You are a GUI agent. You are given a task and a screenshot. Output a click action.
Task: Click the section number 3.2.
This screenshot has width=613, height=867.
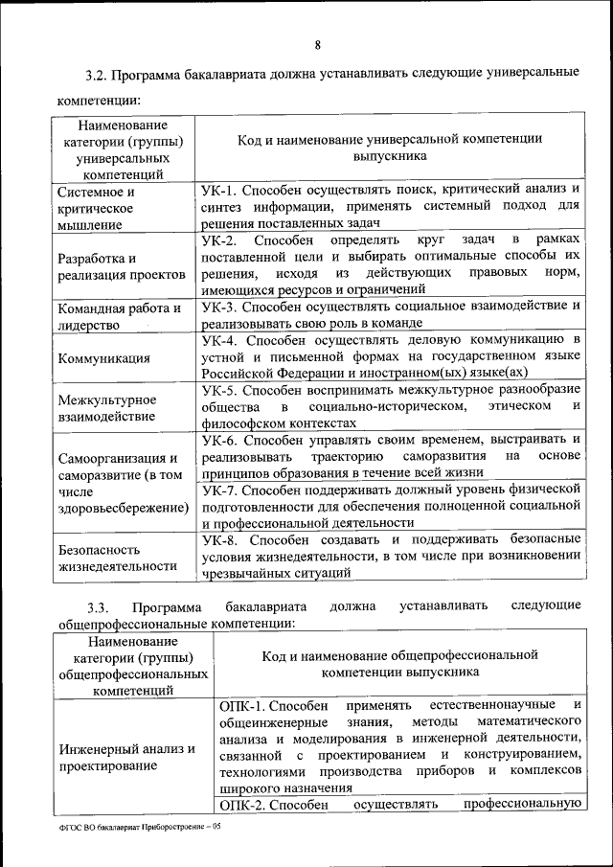98,74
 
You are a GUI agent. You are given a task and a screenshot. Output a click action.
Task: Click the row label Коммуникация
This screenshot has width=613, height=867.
103,358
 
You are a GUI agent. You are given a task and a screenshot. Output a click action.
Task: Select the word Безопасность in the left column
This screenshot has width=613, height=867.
100,550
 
